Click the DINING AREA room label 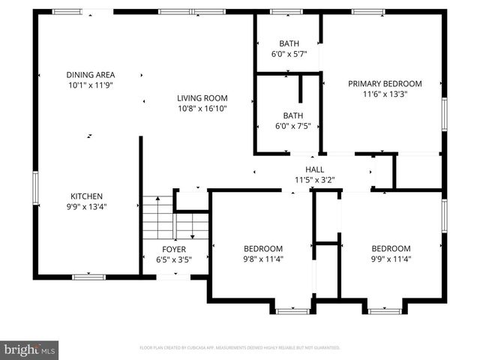click(90, 75)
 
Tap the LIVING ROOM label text click(202, 98)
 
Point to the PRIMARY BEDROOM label click(385, 84)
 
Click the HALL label click(314, 169)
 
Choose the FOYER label click(174, 249)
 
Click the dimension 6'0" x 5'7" click(289, 54)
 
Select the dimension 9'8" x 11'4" click(262, 259)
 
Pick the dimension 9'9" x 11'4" click(391, 259)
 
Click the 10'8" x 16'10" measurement click(202, 109)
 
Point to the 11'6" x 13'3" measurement click(385, 94)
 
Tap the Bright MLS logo click(30, 349)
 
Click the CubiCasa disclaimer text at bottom click(240, 348)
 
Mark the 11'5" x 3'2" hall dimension click(314, 180)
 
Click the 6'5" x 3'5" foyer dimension click(174, 259)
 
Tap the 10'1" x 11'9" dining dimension click(90, 85)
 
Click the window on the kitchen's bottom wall click(88, 277)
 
